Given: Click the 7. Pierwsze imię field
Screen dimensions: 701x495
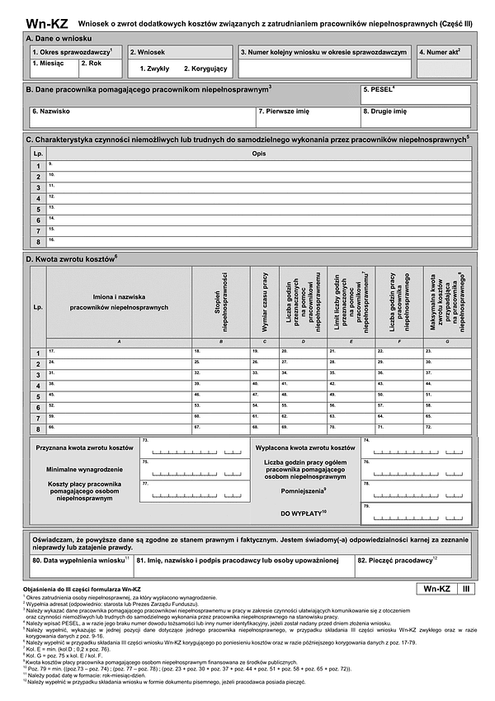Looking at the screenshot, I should [x=307, y=116].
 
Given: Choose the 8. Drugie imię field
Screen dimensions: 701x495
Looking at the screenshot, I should [x=415, y=116].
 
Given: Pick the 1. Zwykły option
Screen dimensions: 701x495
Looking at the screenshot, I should [x=154, y=68].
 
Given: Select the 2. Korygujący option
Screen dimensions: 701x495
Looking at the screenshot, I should [x=205, y=68].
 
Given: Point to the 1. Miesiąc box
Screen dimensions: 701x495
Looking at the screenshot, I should [x=54, y=68].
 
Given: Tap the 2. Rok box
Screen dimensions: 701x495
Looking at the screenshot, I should [x=101, y=68].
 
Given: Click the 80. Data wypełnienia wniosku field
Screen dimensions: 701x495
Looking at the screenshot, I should [x=80, y=566].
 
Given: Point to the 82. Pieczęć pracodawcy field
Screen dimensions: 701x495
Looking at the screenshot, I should [x=413, y=566].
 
